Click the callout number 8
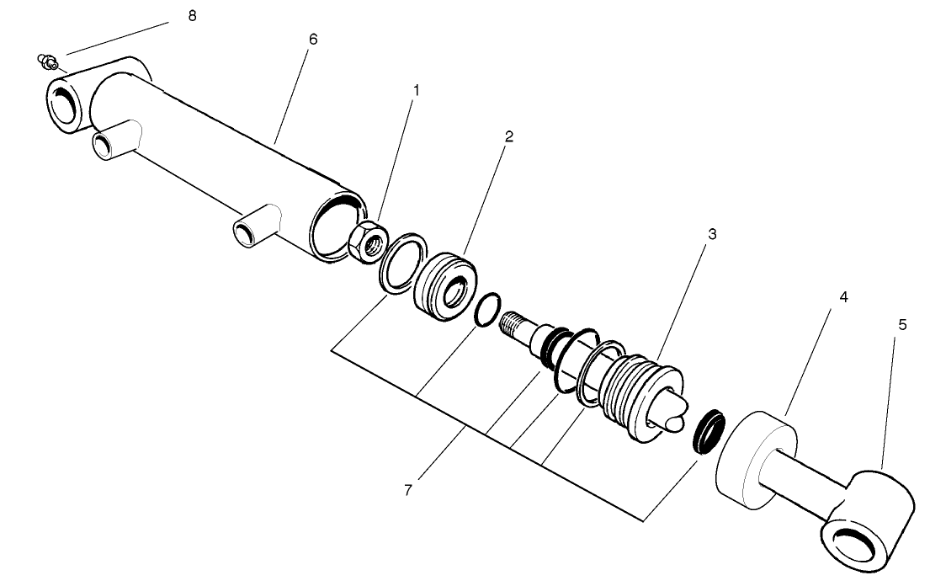(192, 16)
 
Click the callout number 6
(314, 40)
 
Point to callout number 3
(712, 234)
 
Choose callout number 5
(902, 325)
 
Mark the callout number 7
(407, 490)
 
